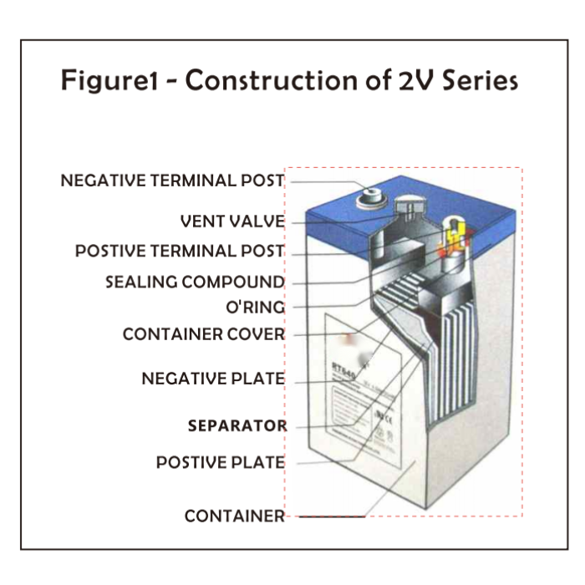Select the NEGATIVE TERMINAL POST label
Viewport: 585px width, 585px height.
tap(172, 181)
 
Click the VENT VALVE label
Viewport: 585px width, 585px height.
tap(232, 221)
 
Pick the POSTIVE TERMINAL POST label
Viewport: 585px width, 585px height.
tap(180, 252)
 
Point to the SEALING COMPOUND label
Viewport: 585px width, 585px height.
tap(195, 282)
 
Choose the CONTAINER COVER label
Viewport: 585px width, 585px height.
tap(204, 334)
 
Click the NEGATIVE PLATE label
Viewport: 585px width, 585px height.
tap(213, 379)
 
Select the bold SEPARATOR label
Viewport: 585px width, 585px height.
tap(237, 425)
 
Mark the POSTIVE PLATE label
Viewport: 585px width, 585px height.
tap(221, 462)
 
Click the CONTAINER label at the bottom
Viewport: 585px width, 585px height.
tap(235, 516)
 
